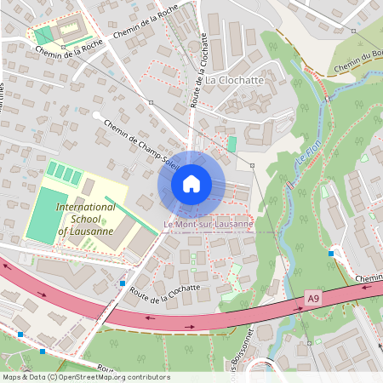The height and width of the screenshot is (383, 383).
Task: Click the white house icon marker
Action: pos(191,184)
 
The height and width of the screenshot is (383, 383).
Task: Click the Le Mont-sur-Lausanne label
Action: pos(209,225)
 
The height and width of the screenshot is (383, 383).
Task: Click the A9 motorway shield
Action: pos(314,298)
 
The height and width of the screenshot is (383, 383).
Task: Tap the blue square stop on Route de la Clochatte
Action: pos(123,283)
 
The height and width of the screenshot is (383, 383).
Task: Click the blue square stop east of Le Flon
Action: pos(331,254)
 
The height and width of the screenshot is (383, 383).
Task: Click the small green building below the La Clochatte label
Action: pos(232,144)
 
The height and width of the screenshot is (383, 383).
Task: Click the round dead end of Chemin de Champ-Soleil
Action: pos(96,114)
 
